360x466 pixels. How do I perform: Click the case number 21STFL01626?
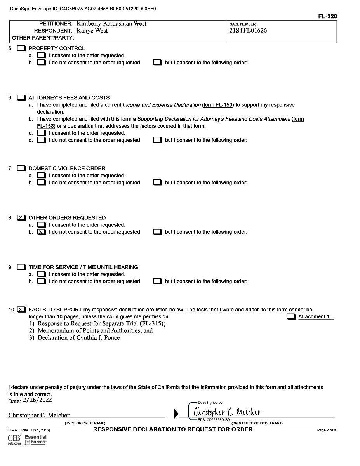248,31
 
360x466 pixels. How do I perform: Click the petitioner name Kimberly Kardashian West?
111,24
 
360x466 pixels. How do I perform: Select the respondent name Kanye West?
92,31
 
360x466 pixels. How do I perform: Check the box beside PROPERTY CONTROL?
22,49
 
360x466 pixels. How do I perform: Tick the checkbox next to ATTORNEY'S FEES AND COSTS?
22,98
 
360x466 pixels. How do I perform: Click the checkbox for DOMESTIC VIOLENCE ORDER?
22,169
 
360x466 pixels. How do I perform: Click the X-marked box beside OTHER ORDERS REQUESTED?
22,218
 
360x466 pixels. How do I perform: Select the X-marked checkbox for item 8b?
42,232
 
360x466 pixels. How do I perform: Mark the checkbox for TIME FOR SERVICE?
22,268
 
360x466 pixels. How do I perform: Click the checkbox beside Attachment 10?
291,317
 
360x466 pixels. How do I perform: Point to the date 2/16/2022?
37,400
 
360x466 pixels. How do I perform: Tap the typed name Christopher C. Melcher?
39,415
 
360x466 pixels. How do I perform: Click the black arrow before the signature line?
176,414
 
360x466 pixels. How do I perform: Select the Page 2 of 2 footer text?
326,430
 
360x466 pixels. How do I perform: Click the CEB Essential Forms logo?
27,440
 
